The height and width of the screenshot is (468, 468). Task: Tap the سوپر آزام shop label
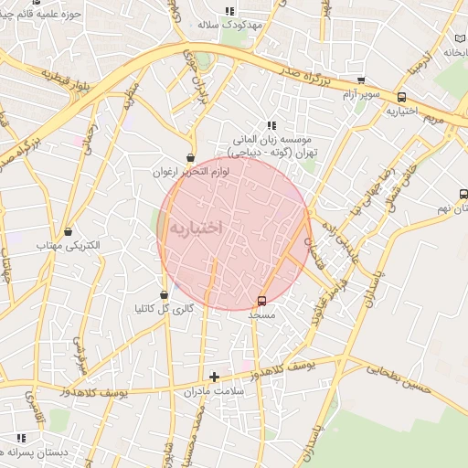coord(361,95)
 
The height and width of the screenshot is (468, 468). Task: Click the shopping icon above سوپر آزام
coord(361,80)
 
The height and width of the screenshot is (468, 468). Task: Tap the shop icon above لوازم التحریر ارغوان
coord(190,157)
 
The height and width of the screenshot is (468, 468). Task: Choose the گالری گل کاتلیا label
coord(164,309)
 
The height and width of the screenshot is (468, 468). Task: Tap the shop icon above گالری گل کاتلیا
coord(164,294)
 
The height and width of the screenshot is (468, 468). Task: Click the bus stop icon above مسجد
coord(262,300)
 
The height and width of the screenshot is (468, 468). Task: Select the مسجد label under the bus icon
coord(261,314)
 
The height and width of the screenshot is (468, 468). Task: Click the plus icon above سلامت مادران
coord(214,377)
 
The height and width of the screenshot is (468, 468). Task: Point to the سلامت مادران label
coord(214,391)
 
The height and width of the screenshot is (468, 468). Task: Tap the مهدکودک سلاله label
coord(229,25)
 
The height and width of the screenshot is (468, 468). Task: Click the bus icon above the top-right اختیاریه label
coord(401,97)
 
